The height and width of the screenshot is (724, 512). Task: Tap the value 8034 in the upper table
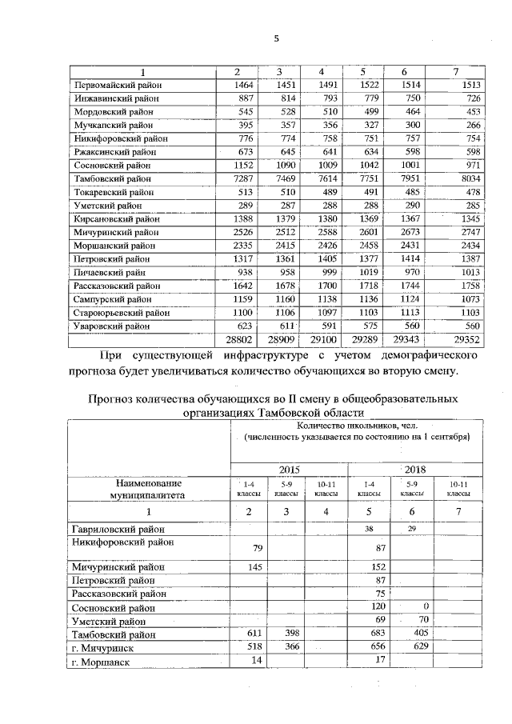tap(470, 178)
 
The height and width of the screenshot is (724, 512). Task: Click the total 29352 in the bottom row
tap(469, 340)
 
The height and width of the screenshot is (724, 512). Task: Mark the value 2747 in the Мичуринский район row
tap(470, 232)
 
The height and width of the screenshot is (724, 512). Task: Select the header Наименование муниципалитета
tap(146, 489)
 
